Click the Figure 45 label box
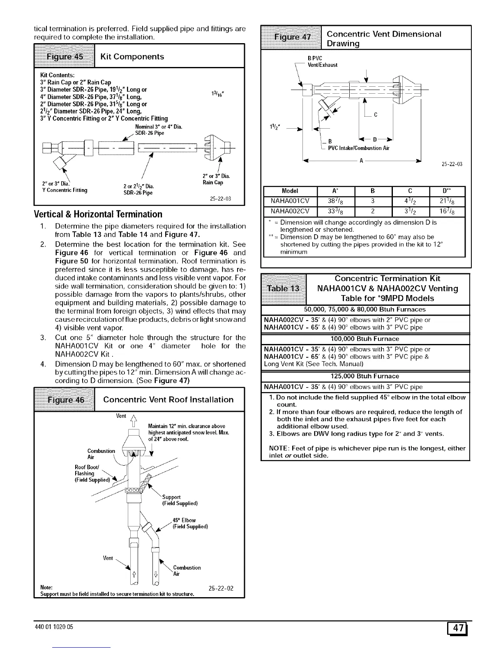tap(64, 56)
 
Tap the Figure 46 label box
tap(65, 399)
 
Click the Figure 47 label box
tap(293, 38)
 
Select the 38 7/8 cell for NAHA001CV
tap(337, 201)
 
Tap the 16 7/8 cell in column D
tap(447, 212)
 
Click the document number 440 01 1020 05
tap(53, 627)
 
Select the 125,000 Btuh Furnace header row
tap(365, 376)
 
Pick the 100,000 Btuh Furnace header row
tap(365, 339)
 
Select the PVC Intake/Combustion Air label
tap(358, 148)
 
